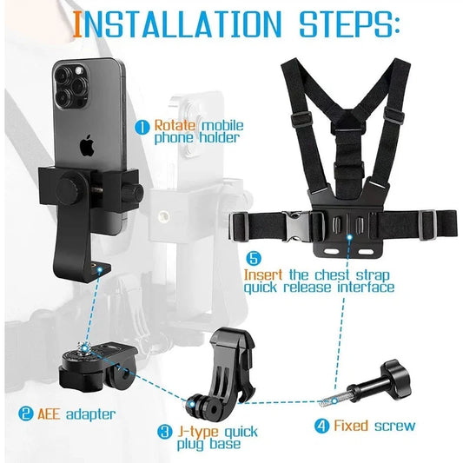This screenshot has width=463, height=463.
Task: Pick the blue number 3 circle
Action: point(164,431)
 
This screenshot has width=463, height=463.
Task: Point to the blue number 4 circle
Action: point(321,426)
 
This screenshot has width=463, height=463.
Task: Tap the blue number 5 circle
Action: point(254,258)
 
